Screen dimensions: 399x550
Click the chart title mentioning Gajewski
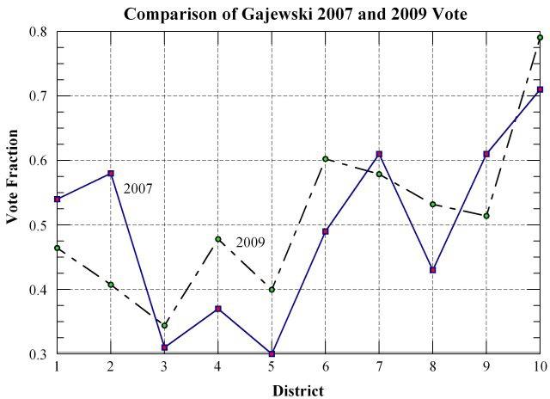296,15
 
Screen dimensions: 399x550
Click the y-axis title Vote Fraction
13,177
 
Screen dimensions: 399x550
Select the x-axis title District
297,390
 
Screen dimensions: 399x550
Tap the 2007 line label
137,188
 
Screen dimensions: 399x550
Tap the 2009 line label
250,242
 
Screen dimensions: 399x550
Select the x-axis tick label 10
539,367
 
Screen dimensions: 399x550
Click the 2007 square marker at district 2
111,174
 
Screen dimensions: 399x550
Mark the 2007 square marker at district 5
272,353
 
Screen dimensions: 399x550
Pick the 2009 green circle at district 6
325,158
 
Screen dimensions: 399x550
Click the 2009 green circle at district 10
540,38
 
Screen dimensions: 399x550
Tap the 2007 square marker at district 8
432,270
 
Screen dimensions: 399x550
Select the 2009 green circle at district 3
164,325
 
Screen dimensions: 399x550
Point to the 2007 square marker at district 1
58,199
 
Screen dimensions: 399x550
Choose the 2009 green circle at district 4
218,239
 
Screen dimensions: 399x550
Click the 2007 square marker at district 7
379,154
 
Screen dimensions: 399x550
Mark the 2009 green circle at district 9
486,216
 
